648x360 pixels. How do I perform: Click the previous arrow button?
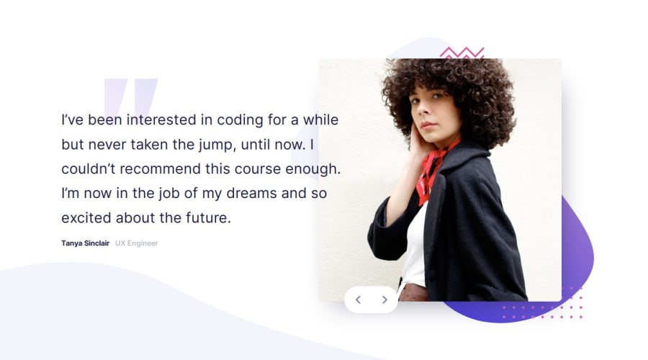click(359, 300)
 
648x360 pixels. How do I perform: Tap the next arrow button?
click(384, 300)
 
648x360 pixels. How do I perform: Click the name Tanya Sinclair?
click(86, 243)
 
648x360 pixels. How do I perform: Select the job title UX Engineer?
click(136, 243)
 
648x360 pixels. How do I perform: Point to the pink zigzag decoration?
click(462, 53)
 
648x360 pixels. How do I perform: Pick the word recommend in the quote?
click(161, 169)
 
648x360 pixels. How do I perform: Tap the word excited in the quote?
click(86, 218)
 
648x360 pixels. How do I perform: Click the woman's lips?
click(428, 125)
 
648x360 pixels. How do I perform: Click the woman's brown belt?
click(413, 293)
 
